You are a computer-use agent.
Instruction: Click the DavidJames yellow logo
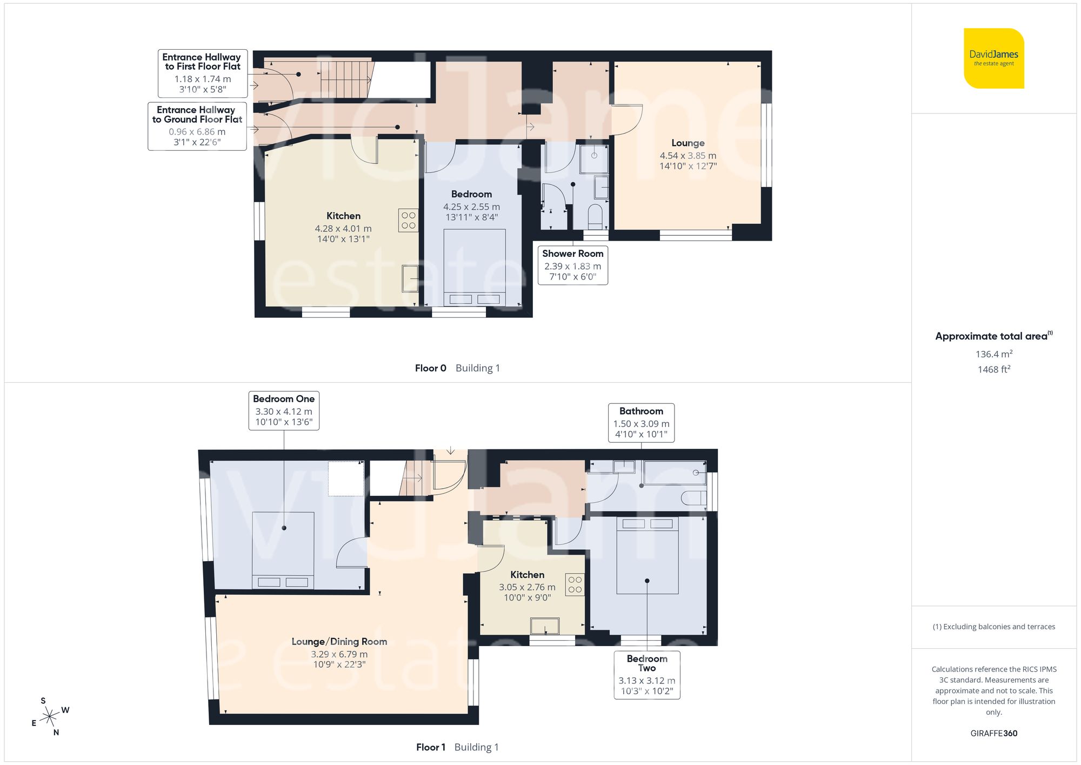pyautogui.click(x=993, y=58)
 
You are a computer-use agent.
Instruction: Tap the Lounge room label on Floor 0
pyautogui.click(x=688, y=143)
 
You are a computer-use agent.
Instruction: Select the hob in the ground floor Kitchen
pyautogui.click(x=408, y=220)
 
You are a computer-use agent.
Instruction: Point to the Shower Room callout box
pyautogui.click(x=572, y=265)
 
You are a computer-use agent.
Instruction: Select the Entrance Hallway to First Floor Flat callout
pyautogui.click(x=202, y=73)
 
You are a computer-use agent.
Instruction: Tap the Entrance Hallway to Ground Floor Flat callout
pyautogui.click(x=197, y=126)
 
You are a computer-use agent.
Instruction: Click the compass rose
pyautogui.click(x=50, y=717)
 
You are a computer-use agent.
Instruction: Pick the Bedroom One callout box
pyautogui.click(x=284, y=410)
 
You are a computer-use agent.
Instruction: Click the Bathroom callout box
pyautogui.click(x=641, y=423)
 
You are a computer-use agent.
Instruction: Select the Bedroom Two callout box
pyautogui.click(x=647, y=675)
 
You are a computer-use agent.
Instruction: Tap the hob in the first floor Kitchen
pyautogui.click(x=575, y=584)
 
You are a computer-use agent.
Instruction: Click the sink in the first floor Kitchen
pyautogui.click(x=545, y=626)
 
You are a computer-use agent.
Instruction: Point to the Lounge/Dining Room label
pyautogui.click(x=339, y=642)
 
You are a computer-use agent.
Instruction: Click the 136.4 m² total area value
pyautogui.click(x=993, y=354)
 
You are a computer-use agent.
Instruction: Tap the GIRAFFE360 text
pyautogui.click(x=993, y=734)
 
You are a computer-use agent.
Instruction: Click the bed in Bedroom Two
pyautogui.click(x=647, y=555)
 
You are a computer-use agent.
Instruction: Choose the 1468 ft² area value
pyautogui.click(x=993, y=370)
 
